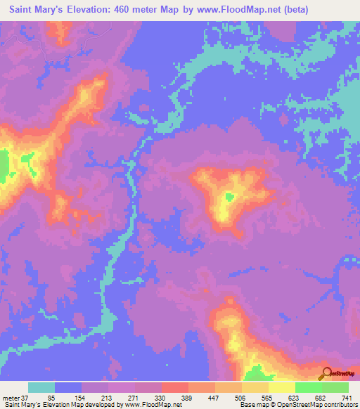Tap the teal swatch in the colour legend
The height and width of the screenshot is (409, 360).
point(41,388)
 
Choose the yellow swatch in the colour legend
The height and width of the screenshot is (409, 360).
point(281,388)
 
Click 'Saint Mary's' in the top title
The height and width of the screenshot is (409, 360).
point(35,11)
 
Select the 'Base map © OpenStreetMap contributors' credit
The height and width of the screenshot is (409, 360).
point(295,404)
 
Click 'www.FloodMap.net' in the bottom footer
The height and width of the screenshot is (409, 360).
point(150,404)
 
